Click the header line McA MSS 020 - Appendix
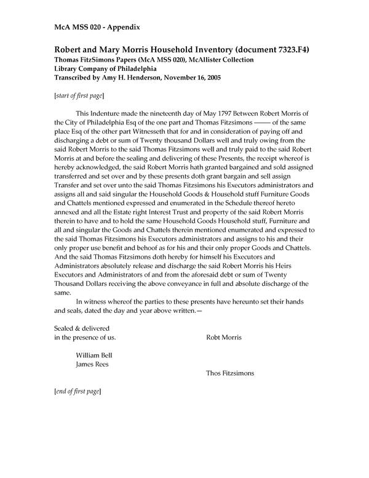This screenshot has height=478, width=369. point(97,27)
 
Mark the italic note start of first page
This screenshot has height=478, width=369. point(79,95)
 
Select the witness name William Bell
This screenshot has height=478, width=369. point(94,355)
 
